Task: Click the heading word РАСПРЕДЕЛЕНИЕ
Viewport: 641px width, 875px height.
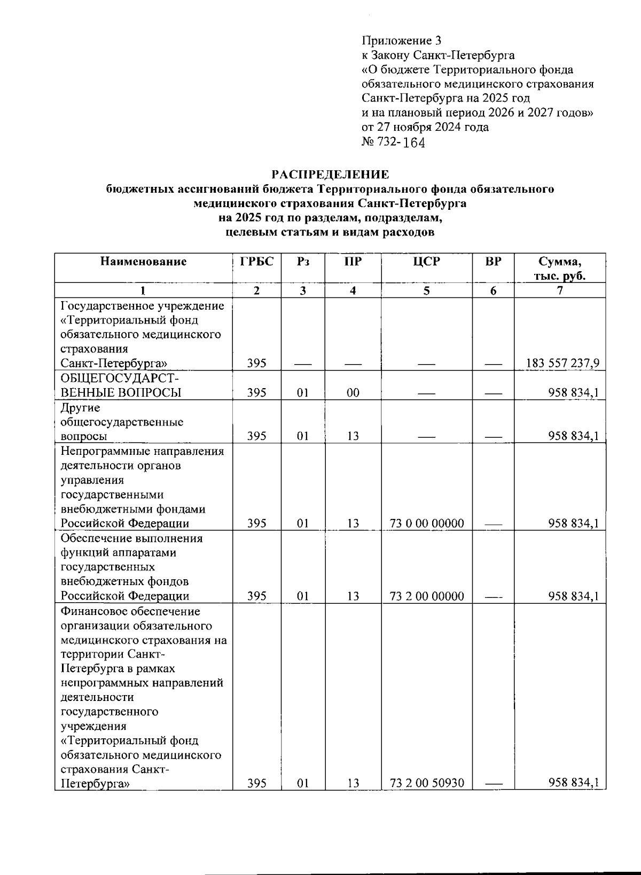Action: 330,175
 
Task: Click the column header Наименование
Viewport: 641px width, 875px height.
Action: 143,262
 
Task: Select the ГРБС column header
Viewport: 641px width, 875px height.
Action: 257,262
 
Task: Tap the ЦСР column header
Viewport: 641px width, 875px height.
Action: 426,262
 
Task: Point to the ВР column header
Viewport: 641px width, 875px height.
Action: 493,262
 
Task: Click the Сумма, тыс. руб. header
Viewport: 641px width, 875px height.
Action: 559,269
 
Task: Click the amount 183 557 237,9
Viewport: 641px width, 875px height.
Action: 562,364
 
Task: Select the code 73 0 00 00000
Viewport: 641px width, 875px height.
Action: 427,524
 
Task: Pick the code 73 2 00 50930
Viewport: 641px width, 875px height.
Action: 427,783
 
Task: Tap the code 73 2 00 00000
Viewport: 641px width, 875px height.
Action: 427,596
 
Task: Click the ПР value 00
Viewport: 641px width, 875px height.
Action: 353,393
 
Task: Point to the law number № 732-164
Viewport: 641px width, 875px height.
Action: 393,142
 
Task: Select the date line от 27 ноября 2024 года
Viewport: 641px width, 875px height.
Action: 425,127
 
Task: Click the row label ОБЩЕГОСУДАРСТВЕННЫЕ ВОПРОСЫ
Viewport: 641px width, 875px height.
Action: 121,385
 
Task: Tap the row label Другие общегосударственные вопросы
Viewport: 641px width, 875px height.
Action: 122,422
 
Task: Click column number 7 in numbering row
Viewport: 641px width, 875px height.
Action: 559,290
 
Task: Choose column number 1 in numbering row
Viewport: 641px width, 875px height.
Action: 143,290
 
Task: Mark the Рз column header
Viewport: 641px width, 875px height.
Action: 303,262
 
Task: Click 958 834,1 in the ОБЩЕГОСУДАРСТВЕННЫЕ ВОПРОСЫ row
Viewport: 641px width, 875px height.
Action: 573,393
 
